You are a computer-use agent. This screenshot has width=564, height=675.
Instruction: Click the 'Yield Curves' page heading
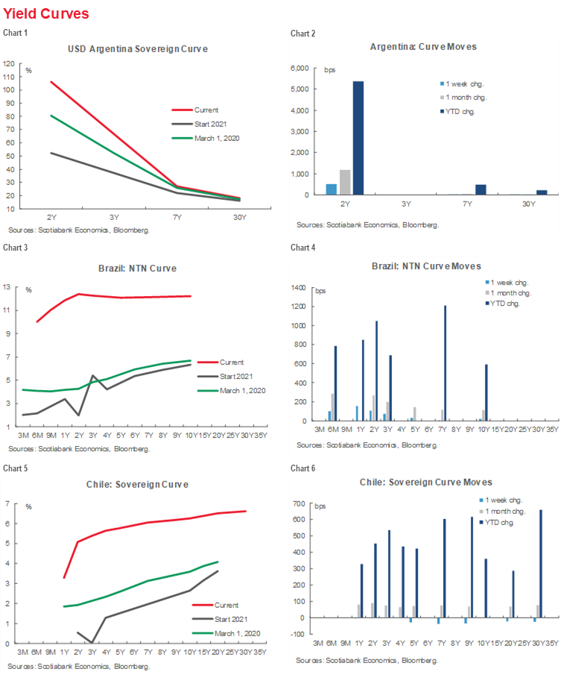[x=46, y=13]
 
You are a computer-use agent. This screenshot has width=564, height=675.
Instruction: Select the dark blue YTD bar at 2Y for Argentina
[x=358, y=138]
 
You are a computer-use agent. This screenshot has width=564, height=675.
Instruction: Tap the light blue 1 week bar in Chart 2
[x=332, y=189]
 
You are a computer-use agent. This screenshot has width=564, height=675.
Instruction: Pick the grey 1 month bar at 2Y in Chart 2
[x=345, y=183]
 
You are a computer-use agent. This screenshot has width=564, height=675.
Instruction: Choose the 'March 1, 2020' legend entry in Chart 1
[x=216, y=138]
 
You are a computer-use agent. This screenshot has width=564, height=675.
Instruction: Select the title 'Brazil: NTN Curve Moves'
[x=426, y=266]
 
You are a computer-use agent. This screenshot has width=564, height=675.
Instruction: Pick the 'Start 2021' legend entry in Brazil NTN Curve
[x=237, y=377]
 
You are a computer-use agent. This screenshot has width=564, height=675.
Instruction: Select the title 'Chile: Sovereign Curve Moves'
[x=426, y=483]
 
